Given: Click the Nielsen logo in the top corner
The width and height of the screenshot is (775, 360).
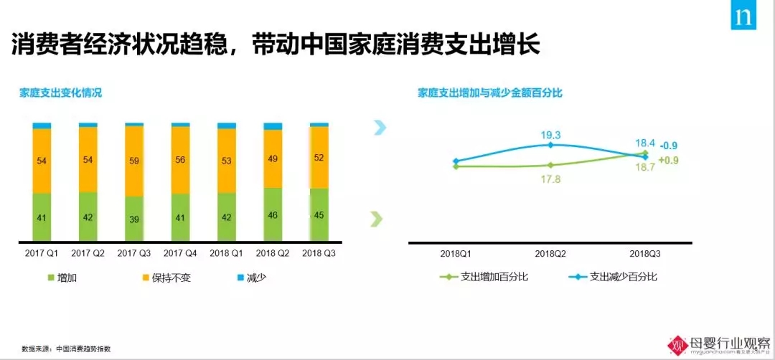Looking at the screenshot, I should (743, 15).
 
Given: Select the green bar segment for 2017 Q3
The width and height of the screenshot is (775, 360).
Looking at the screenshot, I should (134, 219).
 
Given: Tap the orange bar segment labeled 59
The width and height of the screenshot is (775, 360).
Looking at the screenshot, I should (134, 161).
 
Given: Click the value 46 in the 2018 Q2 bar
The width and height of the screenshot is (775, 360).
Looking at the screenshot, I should (273, 214).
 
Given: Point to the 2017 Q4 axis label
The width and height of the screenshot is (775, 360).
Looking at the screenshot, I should (180, 253).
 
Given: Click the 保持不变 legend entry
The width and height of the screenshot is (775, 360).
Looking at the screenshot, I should (166, 277).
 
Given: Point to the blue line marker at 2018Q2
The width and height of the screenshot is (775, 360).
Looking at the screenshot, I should (550, 145).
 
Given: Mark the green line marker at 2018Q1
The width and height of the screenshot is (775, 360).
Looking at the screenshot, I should (456, 166).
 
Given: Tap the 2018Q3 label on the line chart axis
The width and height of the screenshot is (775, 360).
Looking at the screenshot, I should (646, 254).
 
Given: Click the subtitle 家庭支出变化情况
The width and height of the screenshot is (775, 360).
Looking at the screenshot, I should (60, 93).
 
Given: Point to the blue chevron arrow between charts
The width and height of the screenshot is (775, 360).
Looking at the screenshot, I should (380, 128).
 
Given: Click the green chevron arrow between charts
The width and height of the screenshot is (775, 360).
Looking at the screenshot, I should (376, 219).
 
